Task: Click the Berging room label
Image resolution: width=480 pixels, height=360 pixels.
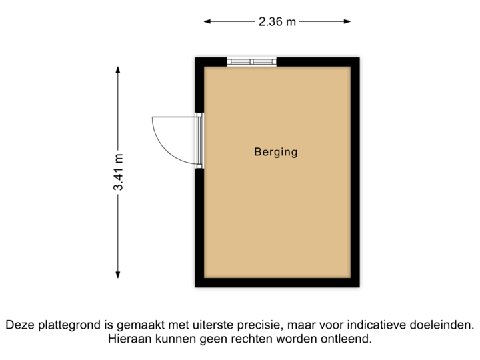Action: coord(275,152)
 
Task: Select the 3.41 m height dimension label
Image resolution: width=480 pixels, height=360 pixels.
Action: coord(118,172)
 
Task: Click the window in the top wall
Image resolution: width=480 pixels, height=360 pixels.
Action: coord(251,61)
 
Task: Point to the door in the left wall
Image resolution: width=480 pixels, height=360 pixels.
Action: coord(199,140)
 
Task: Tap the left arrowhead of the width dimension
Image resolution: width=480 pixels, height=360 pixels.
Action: coord(207,22)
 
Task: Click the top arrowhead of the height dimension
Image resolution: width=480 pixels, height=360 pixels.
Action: coord(118,69)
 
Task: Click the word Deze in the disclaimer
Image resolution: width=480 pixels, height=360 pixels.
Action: coord(19,326)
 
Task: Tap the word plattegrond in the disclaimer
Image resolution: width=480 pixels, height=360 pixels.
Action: coord(67,326)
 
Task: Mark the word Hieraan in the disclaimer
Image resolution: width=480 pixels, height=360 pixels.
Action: coord(128,339)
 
